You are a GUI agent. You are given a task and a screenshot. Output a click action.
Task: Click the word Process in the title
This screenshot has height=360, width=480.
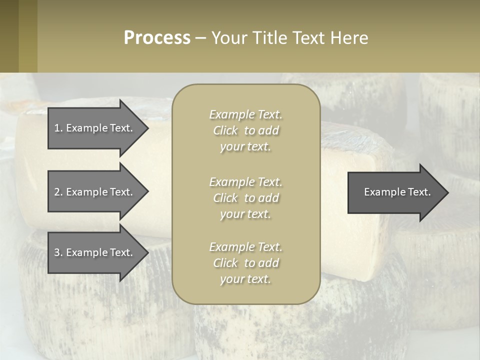(157, 38)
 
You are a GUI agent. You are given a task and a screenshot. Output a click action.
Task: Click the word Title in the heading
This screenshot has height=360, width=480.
(270, 38)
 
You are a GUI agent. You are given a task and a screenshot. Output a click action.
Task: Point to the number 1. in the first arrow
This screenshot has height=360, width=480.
(58, 128)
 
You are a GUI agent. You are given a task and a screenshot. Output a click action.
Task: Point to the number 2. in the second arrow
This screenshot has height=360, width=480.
(58, 192)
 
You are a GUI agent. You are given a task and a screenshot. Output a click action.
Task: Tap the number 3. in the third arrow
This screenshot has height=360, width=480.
(58, 252)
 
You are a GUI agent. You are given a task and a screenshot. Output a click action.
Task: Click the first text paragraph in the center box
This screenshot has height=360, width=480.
(245, 130)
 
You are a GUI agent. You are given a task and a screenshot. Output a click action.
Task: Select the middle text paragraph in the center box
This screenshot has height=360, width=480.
(245, 198)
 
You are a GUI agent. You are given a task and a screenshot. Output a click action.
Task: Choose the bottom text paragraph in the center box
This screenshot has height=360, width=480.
(245, 263)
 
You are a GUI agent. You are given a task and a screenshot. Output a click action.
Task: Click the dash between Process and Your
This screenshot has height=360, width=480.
(200, 38)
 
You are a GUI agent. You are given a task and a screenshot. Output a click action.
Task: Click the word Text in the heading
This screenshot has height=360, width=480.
(310, 38)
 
